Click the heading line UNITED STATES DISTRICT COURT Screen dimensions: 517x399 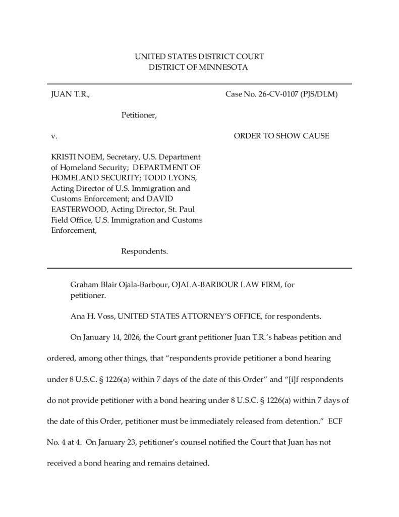199,57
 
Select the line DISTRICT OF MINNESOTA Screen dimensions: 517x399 199,67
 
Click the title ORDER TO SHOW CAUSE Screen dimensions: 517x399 281,136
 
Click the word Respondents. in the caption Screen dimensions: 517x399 144,251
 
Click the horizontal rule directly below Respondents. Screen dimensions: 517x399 199,268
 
